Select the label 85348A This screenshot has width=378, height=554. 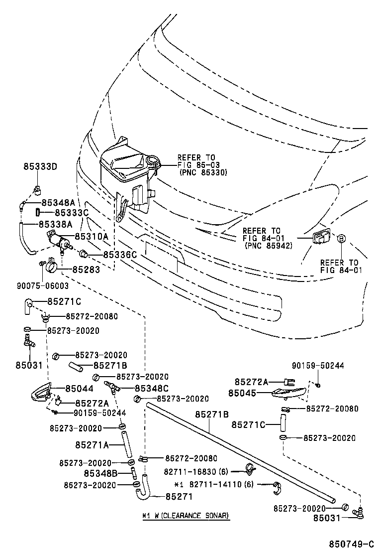coord(58,202)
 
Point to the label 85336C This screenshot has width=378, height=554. coord(120,255)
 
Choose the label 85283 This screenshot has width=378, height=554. coord(86,270)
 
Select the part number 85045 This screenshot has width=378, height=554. coord(242,393)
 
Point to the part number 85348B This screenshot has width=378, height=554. coord(100,473)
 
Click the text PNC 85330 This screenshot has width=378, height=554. coord(202,172)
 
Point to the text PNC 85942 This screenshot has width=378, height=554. coord(268,246)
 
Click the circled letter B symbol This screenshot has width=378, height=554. coord(341,239)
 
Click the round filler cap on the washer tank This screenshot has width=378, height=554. coord(153,161)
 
